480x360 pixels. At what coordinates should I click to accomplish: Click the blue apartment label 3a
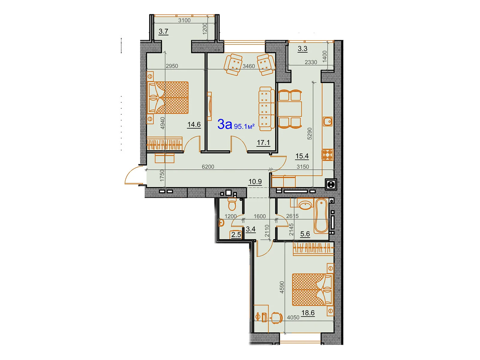225,124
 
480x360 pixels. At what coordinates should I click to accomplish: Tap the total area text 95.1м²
244,126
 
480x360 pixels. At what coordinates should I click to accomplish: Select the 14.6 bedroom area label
194,124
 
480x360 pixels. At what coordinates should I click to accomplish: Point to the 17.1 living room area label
263,143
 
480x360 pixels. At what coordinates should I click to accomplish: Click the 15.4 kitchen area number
302,156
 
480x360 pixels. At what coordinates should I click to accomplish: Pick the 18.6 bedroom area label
308,313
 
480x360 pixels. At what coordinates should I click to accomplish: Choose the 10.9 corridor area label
255,181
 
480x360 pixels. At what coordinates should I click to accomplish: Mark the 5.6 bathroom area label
305,234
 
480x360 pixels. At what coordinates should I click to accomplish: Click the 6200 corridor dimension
208,167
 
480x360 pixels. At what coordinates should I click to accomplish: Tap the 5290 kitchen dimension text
310,133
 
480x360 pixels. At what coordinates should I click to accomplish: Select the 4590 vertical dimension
282,287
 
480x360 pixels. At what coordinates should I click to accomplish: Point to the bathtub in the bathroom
321,216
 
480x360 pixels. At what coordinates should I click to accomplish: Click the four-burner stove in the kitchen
328,155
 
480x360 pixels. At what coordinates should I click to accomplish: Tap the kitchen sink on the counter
328,121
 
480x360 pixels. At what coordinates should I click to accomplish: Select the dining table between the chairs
290,109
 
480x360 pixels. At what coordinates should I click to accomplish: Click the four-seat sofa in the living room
266,109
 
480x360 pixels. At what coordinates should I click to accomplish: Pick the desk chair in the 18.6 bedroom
276,317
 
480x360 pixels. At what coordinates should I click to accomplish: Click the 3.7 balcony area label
163,31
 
